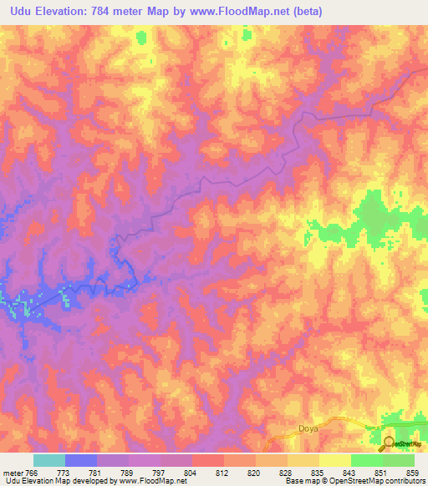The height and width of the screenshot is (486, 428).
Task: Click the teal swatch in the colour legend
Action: (49, 460)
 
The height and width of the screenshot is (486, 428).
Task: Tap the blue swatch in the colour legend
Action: (81, 460)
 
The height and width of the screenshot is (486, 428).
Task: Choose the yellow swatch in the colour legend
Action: (334, 460)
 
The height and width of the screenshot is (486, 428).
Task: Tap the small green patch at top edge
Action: (140, 38)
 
